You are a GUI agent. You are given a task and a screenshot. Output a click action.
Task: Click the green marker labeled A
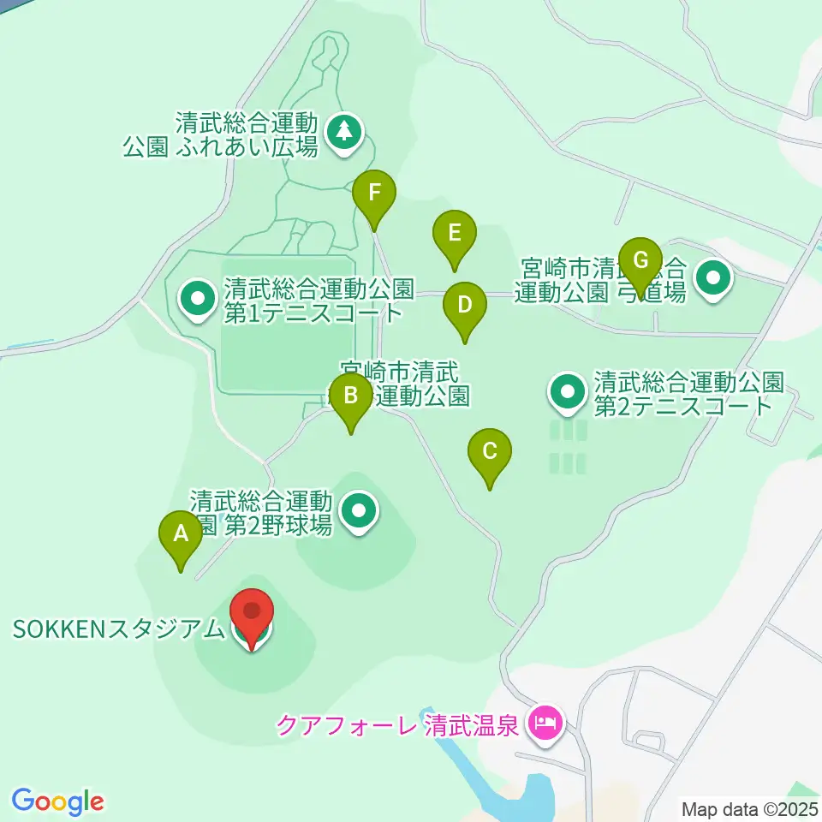pos(181,535)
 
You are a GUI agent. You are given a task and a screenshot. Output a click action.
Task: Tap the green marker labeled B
pos(351,397)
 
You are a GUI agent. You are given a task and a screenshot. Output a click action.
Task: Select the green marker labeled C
pos(490,452)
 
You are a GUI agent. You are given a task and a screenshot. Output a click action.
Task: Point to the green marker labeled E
pos(454,234)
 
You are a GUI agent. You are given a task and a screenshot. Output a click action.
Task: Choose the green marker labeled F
pos(374,194)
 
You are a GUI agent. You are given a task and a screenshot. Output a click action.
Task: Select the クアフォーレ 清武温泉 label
pos(397,726)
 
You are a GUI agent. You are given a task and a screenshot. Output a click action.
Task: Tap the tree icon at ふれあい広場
pos(344,132)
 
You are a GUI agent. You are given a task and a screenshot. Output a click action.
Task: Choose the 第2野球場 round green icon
pos(359,512)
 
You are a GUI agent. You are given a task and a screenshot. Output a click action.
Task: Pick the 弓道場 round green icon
pos(713,278)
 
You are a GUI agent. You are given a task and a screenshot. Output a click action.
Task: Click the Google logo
pos(57,801)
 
